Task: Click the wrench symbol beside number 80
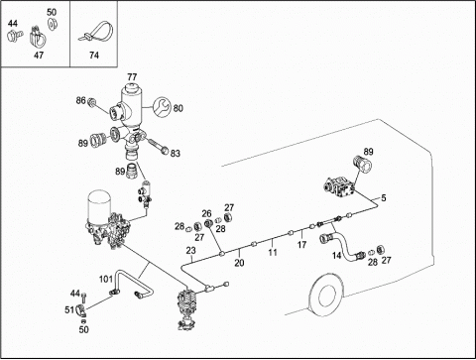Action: pyautogui.click(x=163, y=107)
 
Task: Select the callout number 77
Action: pyautogui.click(x=132, y=77)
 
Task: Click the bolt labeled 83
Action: pyautogui.click(x=157, y=147)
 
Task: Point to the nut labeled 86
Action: pyautogui.click(x=91, y=102)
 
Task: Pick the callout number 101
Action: pyautogui.click(x=106, y=280)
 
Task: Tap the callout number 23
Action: pyautogui.click(x=190, y=251)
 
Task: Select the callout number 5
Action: pyautogui.click(x=384, y=198)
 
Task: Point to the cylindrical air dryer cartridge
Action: pyautogui.click(x=97, y=204)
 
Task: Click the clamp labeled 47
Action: pyautogui.click(x=39, y=38)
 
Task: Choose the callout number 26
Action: pyautogui.click(x=206, y=213)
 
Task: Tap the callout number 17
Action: pyautogui.click(x=301, y=245)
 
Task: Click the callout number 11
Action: pyautogui.click(x=273, y=253)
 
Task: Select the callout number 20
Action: pyautogui.click(x=239, y=263)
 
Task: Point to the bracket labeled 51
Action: pyautogui.click(x=80, y=311)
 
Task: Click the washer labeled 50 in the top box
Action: pyautogui.click(x=52, y=24)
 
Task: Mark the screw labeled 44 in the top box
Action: pyautogui.click(x=15, y=35)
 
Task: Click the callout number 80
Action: pyautogui.click(x=178, y=108)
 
